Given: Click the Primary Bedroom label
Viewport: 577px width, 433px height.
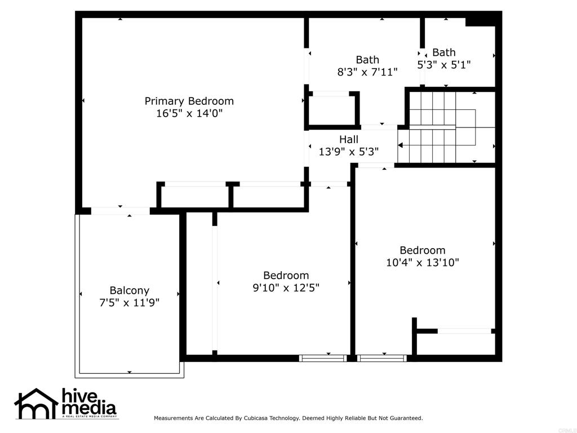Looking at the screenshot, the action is (189, 101).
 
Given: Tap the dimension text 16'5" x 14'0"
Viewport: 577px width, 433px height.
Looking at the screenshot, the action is (189, 113).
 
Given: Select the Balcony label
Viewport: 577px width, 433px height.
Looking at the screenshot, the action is (130, 291).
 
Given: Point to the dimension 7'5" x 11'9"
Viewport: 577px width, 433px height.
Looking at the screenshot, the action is (130, 303).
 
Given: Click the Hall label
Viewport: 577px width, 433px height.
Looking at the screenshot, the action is (349, 140).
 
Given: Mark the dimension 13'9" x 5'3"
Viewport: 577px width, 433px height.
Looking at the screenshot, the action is (349, 151).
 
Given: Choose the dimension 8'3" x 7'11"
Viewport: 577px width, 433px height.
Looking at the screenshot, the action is (367, 72).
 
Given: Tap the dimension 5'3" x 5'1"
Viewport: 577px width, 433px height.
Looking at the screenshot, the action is (444, 65).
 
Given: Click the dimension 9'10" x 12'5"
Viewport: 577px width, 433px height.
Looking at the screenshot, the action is (286, 288).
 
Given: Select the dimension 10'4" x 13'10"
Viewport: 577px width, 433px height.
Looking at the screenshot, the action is (423, 263).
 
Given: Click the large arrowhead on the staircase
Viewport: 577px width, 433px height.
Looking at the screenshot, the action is (401, 145).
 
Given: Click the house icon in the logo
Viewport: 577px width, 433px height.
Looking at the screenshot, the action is (36, 404).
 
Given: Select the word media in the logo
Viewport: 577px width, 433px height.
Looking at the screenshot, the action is (88, 408).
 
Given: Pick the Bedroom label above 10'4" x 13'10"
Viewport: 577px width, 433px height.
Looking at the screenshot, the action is (423, 250).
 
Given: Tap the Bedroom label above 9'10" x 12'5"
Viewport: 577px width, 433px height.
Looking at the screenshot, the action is (286, 275).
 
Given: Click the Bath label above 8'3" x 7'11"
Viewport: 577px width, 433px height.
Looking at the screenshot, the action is (367, 60).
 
